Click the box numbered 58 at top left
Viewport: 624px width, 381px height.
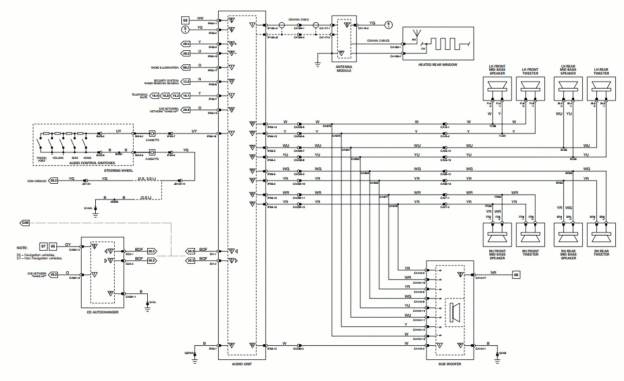click(x=185, y=19)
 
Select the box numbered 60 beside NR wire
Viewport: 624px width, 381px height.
click(x=515, y=275)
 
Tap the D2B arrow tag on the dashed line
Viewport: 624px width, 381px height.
click(x=25, y=223)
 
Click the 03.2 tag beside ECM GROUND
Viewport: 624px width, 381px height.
click(x=54, y=180)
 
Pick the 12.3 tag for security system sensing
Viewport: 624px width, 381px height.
click(x=185, y=81)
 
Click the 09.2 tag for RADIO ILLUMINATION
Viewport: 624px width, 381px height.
click(x=185, y=68)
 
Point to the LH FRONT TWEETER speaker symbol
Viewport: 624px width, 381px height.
click(x=529, y=88)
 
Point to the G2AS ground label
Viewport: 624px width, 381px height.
click(x=503, y=352)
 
